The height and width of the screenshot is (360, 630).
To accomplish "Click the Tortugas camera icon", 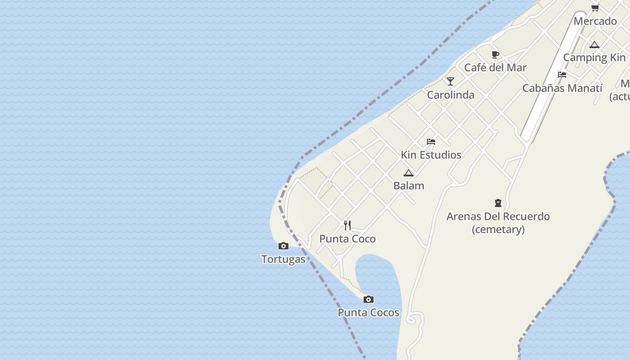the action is [283, 246].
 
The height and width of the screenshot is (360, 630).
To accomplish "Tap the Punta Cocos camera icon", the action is [369, 299].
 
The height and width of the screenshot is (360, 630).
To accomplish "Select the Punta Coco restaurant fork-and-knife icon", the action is [347, 225].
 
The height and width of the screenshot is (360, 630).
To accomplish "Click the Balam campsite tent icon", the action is [409, 173].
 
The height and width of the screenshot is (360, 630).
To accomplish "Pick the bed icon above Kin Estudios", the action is [431, 142].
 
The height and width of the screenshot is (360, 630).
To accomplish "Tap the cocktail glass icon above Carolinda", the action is [450, 81].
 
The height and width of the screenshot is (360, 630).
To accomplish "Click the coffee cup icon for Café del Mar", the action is [495, 55].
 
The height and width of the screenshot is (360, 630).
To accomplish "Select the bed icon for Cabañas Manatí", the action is [562, 75].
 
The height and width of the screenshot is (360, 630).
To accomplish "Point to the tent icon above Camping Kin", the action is [594, 45].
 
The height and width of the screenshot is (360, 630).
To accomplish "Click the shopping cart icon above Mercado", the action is [595, 8].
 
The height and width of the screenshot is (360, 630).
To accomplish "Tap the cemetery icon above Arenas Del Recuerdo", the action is [498, 203].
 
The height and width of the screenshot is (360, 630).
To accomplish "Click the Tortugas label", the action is [283, 259].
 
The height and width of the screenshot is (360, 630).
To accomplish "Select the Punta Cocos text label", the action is [369, 313].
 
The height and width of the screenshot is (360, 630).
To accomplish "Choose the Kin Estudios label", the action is [431, 155].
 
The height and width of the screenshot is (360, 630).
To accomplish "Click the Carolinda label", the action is [450, 95].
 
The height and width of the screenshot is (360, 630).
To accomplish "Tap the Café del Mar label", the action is [495, 67].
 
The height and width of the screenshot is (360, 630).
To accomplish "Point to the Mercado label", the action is [595, 21].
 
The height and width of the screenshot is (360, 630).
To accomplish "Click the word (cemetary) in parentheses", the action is [498, 229].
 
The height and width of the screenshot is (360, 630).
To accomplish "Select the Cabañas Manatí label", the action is [562, 88].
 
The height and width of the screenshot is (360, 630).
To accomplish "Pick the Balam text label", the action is [409, 185].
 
